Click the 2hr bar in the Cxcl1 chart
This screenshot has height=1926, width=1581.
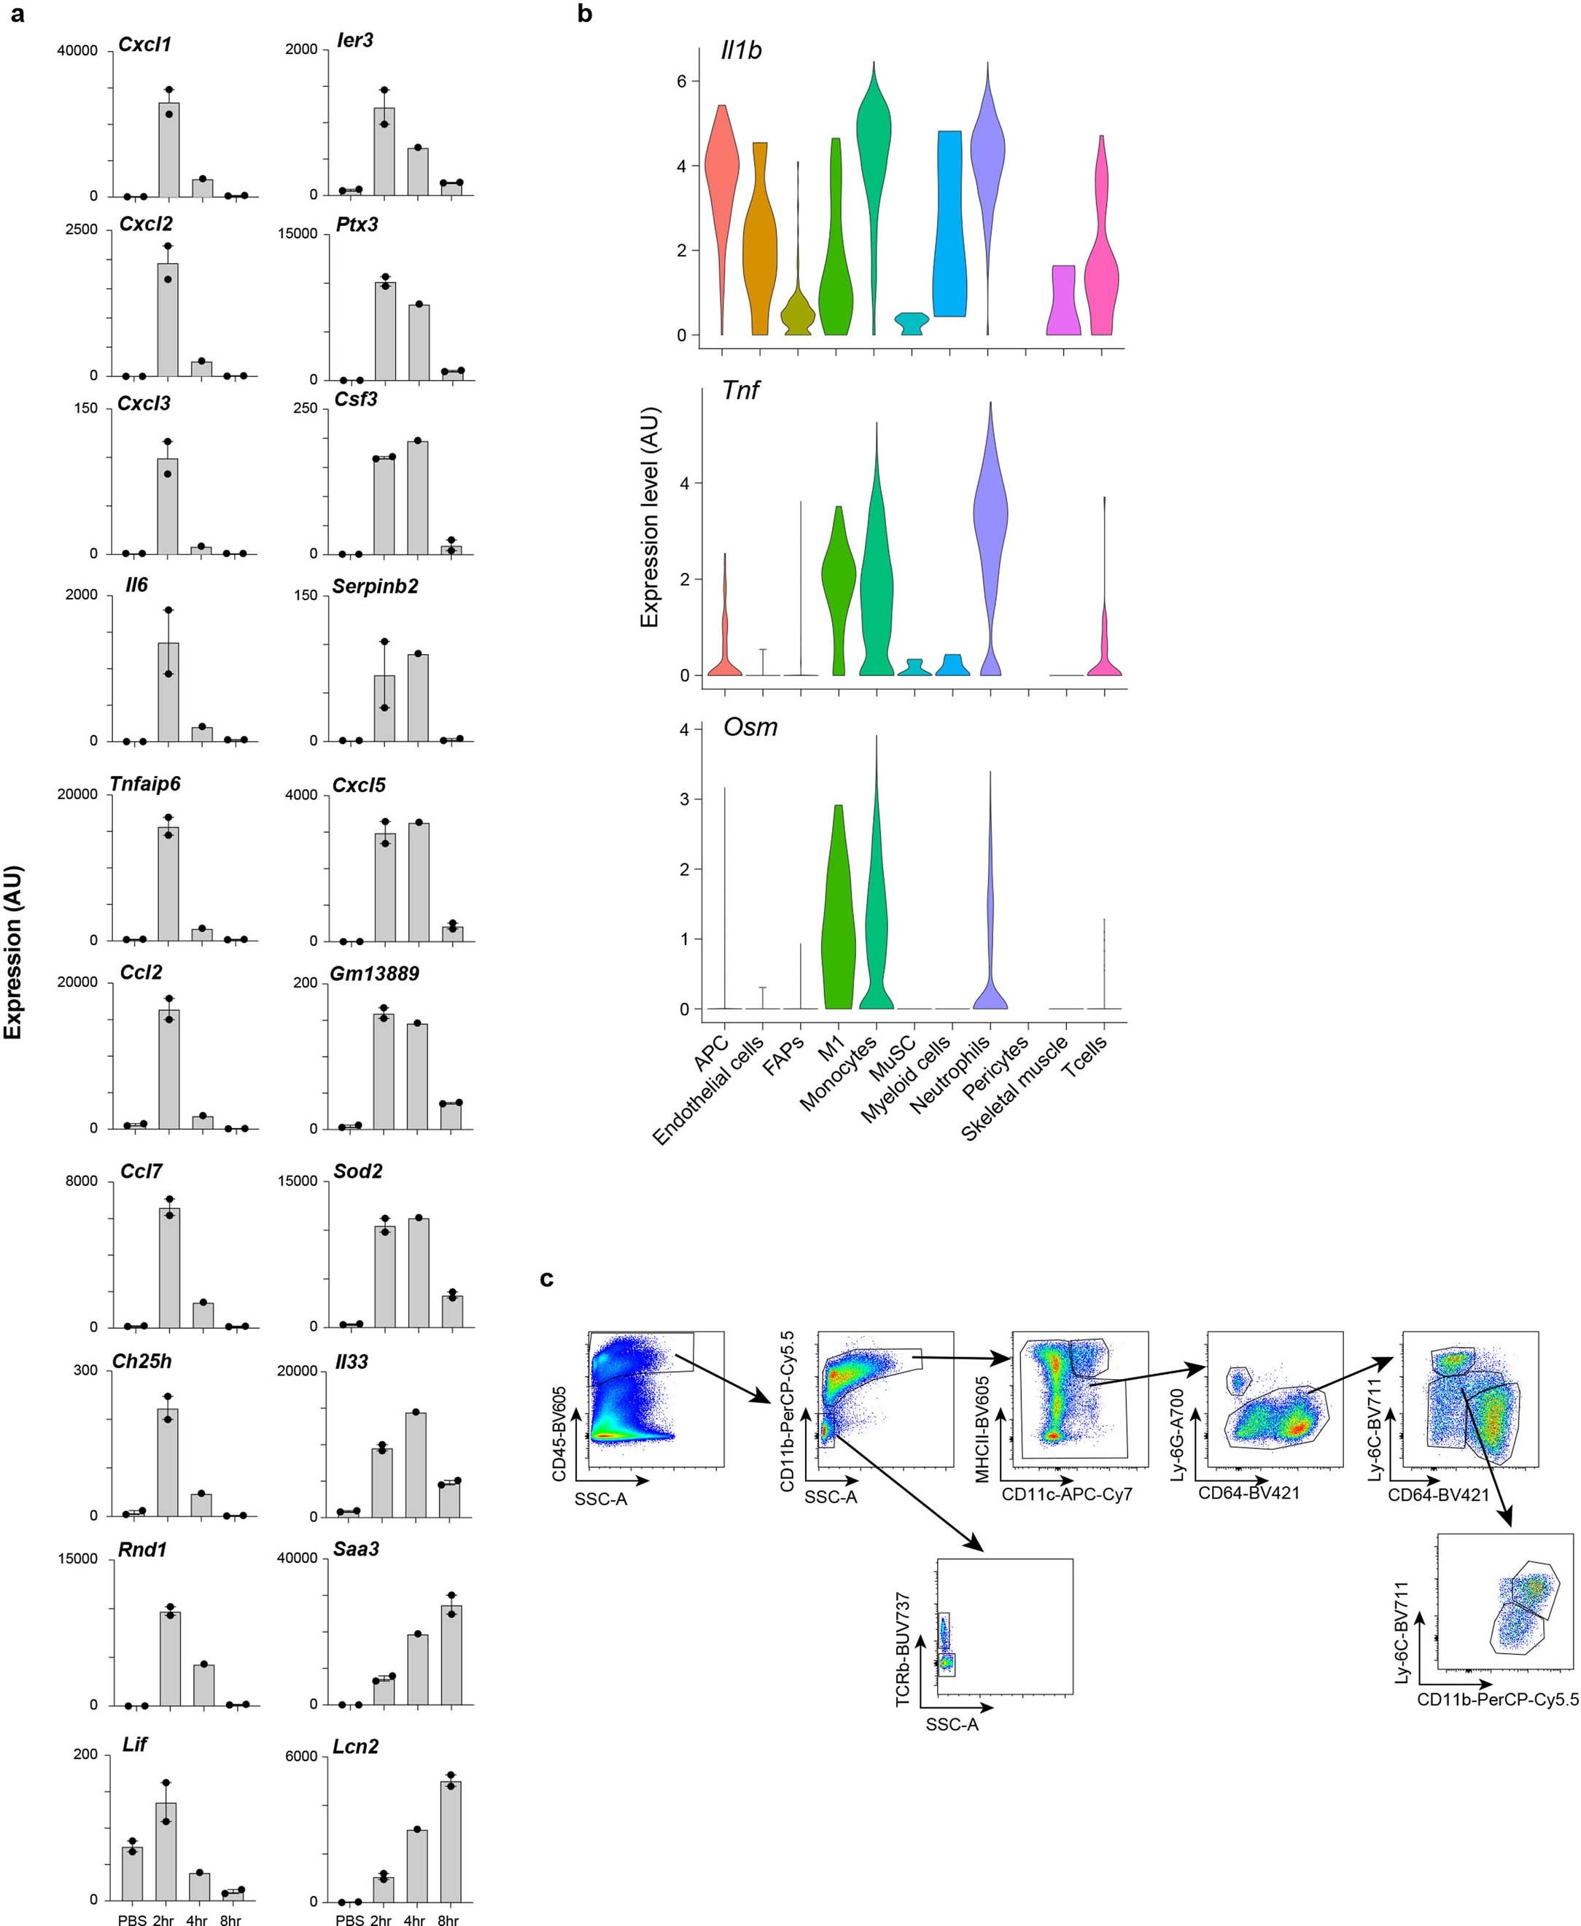[168, 150]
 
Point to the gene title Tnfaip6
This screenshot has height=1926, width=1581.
[145, 784]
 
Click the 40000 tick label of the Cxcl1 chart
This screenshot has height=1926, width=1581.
[77, 51]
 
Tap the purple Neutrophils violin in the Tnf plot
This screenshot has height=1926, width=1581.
[990, 564]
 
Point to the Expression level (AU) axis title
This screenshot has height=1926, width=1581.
[649, 516]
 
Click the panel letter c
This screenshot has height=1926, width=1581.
[546, 1279]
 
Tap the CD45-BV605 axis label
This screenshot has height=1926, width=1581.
[559, 1434]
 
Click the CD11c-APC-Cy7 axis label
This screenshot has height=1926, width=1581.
[1066, 1494]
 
